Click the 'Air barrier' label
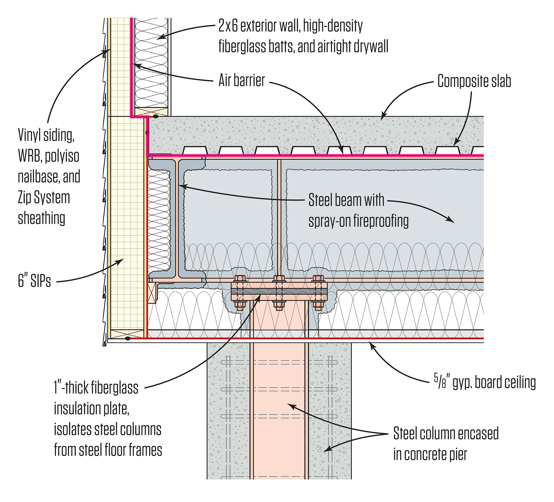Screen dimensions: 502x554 point(241,81)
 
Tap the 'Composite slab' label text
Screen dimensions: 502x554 point(474,81)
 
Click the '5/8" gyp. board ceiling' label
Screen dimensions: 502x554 point(484,383)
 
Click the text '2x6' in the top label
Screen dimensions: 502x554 point(228,26)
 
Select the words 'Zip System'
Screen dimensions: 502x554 point(44,198)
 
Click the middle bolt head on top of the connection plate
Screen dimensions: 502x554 point(279,278)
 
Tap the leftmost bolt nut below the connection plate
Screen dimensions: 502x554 point(240,306)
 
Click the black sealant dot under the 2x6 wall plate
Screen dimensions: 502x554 point(156,117)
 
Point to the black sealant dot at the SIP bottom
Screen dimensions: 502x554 point(128,339)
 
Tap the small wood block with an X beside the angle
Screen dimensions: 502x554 point(152,293)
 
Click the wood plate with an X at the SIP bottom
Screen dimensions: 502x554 point(127,333)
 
